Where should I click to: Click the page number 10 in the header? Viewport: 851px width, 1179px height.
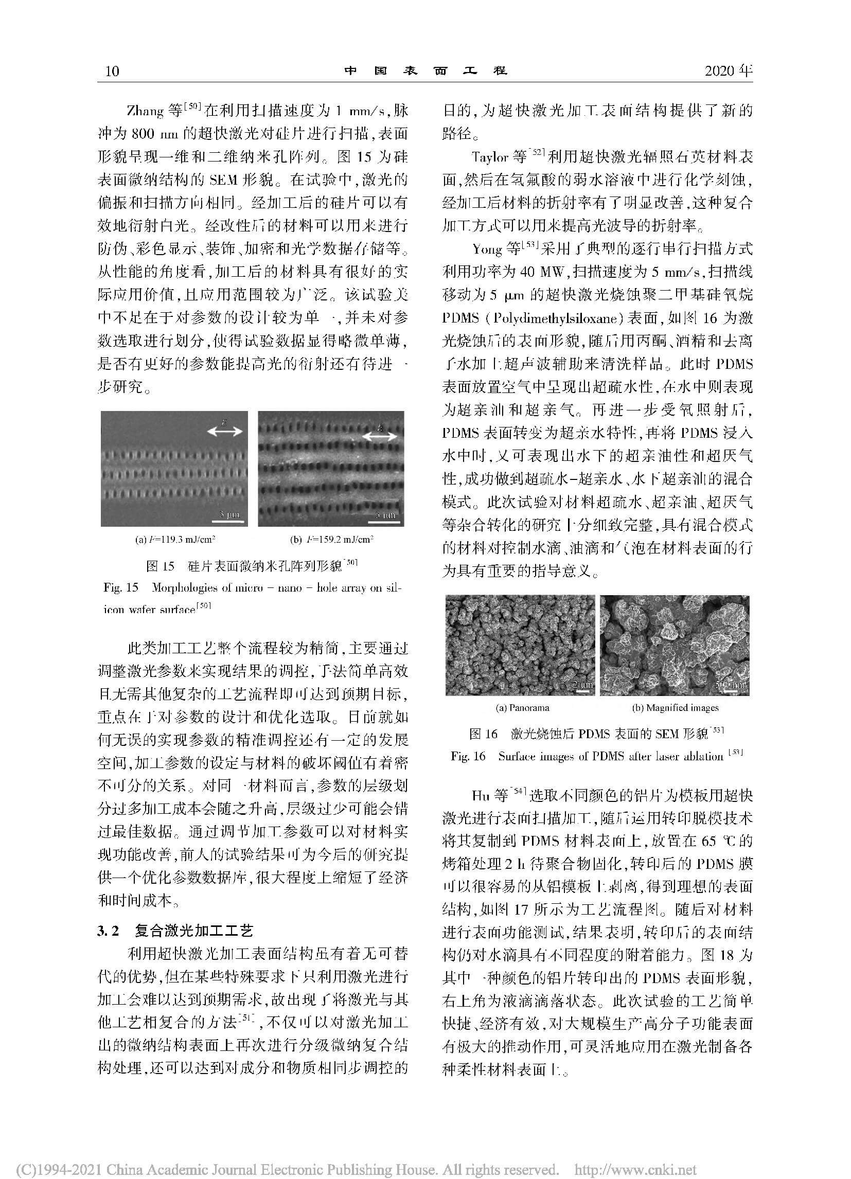(x=112, y=70)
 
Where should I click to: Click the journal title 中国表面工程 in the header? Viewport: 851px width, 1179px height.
(x=425, y=70)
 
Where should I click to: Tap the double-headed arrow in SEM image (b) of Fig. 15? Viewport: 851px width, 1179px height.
(x=380, y=437)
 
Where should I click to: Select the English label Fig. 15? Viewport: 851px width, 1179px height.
(x=120, y=587)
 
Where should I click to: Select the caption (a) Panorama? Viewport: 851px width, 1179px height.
(x=522, y=707)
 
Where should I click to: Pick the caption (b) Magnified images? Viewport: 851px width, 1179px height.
(x=675, y=707)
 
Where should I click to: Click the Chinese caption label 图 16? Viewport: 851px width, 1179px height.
(x=484, y=734)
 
